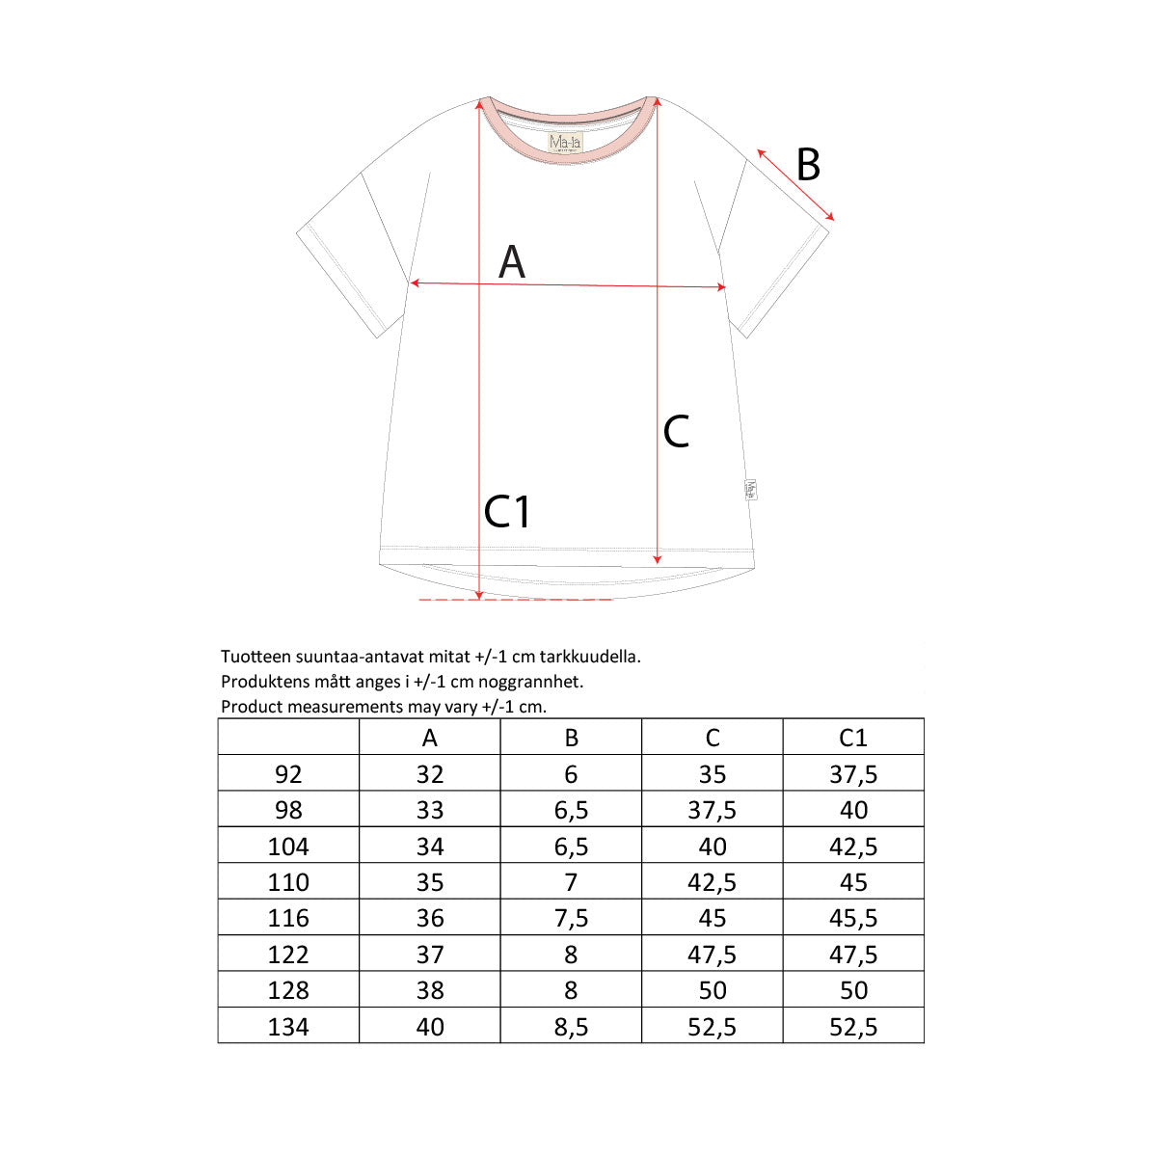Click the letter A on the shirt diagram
point(512,262)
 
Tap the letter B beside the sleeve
point(808,165)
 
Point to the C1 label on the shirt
point(507,512)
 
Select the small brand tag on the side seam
point(751,489)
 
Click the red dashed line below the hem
point(516,600)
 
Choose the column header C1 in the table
point(853,738)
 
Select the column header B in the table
point(571,738)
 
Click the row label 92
point(288,774)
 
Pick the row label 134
point(288,1027)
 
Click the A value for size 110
point(430,882)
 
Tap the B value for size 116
point(571,918)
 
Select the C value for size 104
point(713,847)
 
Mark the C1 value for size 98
point(853,810)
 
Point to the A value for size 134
point(430,1027)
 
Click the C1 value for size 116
point(853,918)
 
